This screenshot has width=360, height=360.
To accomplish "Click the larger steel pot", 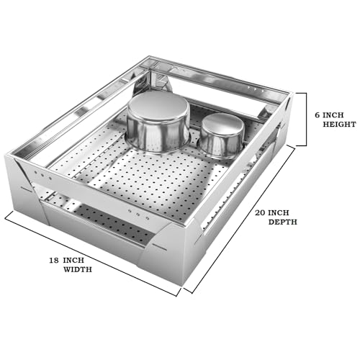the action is [x=158, y=122].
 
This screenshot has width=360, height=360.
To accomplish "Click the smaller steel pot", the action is [x=222, y=136].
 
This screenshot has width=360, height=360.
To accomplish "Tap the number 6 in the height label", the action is [x=318, y=115].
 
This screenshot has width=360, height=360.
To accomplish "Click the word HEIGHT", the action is [x=339, y=125].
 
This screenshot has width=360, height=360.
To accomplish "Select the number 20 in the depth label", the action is [x=260, y=212].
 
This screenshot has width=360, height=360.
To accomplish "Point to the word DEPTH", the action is [x=283, y=222].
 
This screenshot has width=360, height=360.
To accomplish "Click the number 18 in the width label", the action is [x=54, y=261].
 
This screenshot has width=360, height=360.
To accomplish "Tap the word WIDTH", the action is [x=78, y=269].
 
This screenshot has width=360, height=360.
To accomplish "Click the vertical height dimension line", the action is [x=306, y=120].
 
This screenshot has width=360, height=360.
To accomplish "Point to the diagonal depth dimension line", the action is [x=240, y=220].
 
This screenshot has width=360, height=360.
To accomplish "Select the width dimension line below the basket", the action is [x=92, y=254].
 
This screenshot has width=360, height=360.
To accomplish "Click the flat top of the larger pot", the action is [x=158, y=106].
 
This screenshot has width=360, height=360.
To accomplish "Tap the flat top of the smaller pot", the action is [x=222, y=124].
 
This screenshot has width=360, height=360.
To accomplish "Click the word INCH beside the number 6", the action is [x=333, y=115].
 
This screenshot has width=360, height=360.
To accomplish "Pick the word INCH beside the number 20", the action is [x=279, y=212].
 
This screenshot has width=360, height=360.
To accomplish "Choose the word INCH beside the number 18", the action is [x=73, y=261].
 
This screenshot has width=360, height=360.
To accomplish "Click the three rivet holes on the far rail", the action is [x=256, y=89].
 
